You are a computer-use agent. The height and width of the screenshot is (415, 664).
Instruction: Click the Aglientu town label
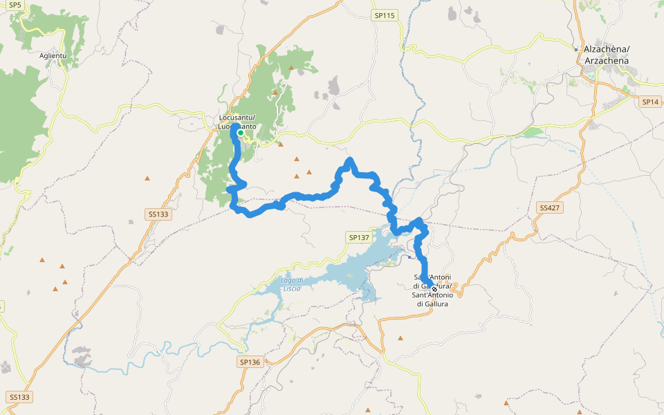tap(53, 55)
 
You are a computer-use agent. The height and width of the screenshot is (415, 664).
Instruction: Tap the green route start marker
tap(241, 133)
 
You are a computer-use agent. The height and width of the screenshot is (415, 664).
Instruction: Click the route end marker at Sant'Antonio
tap(434, 289)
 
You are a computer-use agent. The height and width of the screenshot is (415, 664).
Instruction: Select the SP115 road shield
tap(384, 15)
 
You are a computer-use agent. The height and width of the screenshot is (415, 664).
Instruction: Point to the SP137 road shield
tap(359, 237)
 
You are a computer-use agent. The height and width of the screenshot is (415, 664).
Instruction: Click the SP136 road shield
tap(250, 362)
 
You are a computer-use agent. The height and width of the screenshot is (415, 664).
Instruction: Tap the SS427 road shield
tap(549, 207)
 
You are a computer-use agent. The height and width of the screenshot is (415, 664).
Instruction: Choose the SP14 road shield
tap(650, 102)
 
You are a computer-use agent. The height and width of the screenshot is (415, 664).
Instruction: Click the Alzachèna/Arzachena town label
tap(607, 55)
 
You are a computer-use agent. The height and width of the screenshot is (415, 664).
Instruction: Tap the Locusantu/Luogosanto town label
tap(235, 122)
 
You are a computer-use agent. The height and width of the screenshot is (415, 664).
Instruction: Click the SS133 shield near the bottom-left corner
tap(20, 397)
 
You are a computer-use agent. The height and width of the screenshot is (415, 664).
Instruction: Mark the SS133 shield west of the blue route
tap(158, 214)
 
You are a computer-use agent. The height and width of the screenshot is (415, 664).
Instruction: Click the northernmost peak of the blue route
tap(350, 160)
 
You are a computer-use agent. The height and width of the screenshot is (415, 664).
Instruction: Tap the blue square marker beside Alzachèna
tap(577, 49)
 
